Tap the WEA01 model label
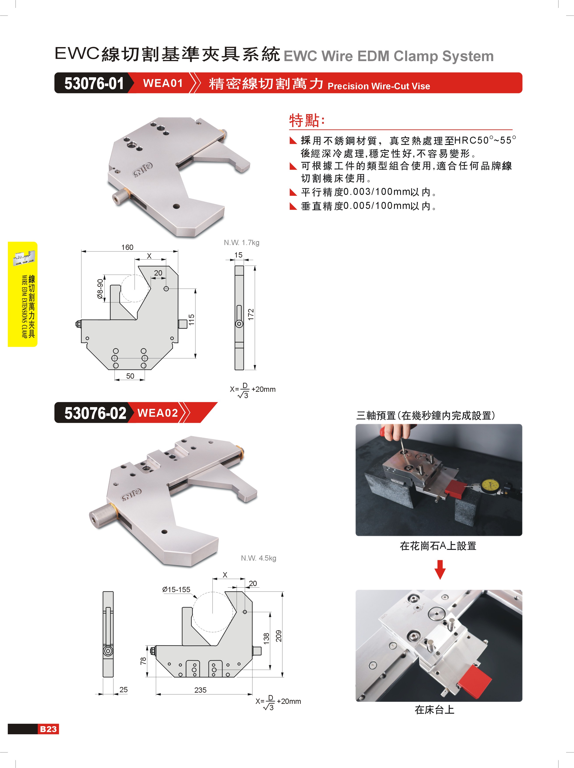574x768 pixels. [163, 83]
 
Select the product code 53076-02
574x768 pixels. [95, 413]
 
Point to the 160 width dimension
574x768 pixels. [127, 247]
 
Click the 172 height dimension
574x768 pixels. [251, 314]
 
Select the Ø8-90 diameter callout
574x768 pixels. [100, 289]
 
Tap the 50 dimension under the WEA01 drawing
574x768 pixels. [130, 376]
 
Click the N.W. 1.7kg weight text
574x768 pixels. [241, 242]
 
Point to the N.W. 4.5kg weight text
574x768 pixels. [258, 558]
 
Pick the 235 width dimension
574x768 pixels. [200, 690]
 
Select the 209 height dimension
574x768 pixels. [279, 636]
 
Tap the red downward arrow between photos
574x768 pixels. [440, 569]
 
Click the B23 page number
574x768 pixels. [48, 729]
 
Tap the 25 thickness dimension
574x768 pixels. [123, 690]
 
